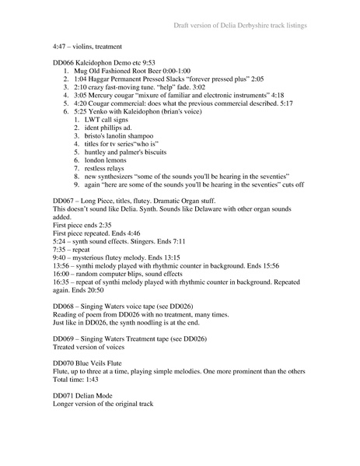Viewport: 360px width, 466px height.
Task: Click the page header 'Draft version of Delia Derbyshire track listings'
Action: [x=240, y=26]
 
